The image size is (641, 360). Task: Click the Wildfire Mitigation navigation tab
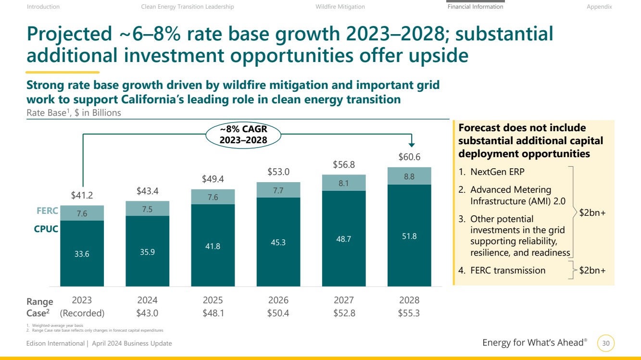340,7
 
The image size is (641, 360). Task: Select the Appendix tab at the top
599,7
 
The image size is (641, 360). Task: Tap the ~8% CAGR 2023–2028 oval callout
243,135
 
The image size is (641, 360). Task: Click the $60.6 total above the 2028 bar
409,157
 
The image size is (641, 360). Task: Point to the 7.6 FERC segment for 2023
82,213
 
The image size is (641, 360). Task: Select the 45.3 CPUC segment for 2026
278,242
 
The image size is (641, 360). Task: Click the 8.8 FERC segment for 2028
409,176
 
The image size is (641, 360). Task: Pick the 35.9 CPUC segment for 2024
147,251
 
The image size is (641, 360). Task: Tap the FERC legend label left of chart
47,211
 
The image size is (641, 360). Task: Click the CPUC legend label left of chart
46,229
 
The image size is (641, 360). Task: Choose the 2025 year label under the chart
213,300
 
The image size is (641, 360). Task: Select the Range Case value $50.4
278,313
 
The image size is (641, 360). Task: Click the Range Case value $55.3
409,313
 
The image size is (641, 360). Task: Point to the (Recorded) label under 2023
82,313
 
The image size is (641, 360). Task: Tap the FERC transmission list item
502,270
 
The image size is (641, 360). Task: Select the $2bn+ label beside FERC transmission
592,270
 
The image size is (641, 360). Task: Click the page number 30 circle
606,343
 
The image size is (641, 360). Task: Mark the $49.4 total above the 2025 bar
213,179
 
